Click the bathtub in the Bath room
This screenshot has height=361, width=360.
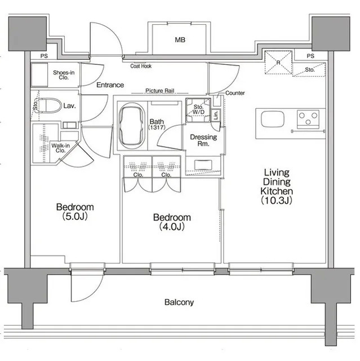(132, 126)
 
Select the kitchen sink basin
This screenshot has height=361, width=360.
(273, 119)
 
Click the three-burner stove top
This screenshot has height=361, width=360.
(308, 119)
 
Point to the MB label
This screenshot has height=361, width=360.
(180, 40)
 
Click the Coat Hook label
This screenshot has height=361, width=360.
(141, 66)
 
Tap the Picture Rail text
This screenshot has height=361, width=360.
(160, 91)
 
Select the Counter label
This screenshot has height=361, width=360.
(235, 93)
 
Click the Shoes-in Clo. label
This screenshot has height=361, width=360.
(64, 75)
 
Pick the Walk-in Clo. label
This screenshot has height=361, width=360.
(60, 148)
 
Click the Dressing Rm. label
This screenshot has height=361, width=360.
(203, 140)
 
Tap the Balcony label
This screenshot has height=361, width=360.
(179, 302)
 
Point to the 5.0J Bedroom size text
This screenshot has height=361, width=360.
(75, 217)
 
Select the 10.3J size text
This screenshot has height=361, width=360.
(277, 201)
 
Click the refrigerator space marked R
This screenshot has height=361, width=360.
(278, 62)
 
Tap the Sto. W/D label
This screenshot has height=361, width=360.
(198, 109)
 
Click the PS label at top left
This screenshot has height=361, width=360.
(44, 56)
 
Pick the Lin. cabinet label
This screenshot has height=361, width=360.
(216, 115)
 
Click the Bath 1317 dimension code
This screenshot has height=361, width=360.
(157, 127)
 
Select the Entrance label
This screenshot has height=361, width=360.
(110, 85)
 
